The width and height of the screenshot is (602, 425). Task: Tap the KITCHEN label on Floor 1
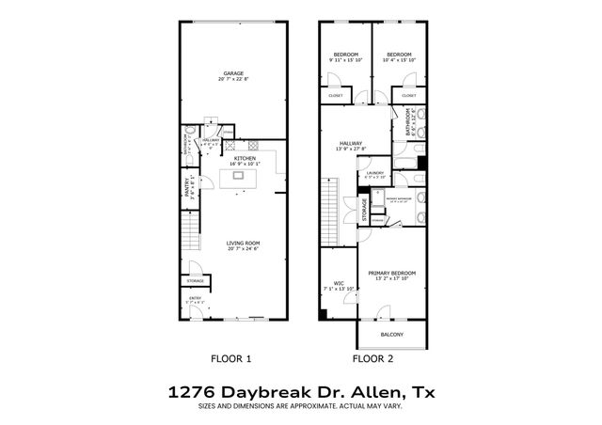(232, 158)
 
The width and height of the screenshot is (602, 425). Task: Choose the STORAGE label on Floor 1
(196, 280)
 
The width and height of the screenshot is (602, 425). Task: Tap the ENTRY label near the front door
(195, 299)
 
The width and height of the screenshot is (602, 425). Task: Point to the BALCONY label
(392, 335)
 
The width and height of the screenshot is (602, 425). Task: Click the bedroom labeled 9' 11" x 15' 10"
(344, 55)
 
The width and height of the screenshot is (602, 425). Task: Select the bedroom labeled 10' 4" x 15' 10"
(400, 55)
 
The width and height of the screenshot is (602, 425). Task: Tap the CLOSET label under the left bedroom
(336, 96)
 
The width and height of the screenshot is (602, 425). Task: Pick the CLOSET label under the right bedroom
(409, 96)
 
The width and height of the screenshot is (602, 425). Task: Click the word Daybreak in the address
(267, 390)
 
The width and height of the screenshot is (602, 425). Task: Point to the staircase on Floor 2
(329, 207)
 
